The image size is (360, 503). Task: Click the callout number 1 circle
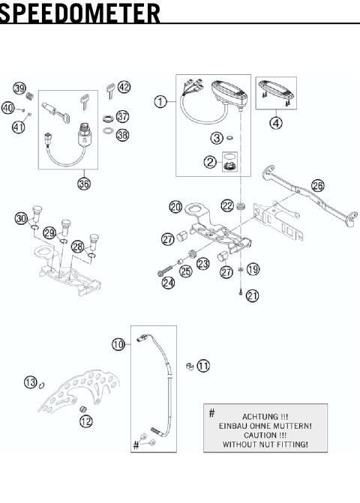[160, 102]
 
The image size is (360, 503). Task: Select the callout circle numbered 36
[84, 184]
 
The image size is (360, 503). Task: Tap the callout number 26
[318, 185]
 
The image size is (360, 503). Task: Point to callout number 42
[124, 87]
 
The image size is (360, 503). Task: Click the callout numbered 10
[118, 345]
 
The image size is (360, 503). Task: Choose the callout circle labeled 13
[31, 382]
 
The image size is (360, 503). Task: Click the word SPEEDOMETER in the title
[79, 13]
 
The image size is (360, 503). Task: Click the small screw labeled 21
[241, 292]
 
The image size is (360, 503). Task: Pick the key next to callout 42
[111, 91]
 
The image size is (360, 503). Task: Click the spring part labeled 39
[30, 96]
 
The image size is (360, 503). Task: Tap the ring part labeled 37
[109, 118]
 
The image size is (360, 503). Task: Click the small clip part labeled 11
[190, 366]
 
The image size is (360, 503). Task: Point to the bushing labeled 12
[83, 409]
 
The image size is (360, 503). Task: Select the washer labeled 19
[241, 269]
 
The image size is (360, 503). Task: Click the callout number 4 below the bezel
[275, 122]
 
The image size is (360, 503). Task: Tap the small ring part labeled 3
[229, 138]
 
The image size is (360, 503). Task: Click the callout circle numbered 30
[21, 218]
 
